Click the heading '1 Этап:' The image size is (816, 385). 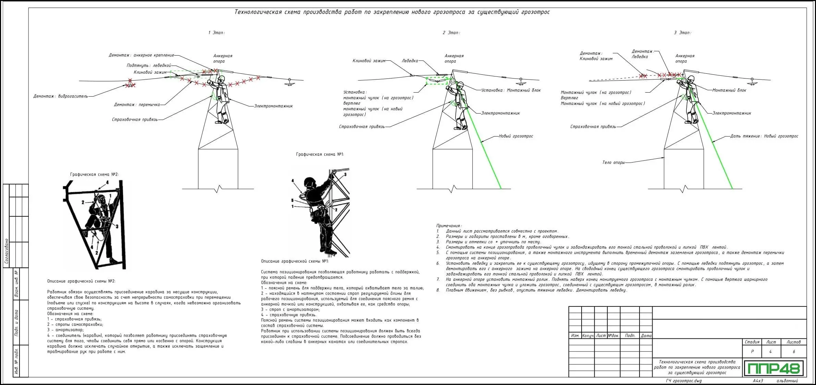coord(217,33)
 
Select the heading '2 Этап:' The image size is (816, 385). coord(451,33)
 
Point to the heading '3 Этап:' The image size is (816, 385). coord(682,33)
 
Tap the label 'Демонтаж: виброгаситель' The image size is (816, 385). coord(61,96)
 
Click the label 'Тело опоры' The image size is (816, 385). coord(613,163)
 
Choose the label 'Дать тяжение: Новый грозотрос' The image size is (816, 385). coord(764,136)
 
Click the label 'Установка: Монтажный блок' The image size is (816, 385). coord(511,91)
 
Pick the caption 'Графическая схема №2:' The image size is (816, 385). coord(94,175)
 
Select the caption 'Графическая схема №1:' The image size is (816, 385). coord(320,155)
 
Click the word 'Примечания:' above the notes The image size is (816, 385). coord(449,226)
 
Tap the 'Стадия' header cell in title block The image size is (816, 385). coord(752,342)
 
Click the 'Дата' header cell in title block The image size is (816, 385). coord(646,336)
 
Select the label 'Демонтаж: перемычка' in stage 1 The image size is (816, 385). coord(137,105)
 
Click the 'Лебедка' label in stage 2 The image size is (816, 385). coord(410,61)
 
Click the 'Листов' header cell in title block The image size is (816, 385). coord(794,342)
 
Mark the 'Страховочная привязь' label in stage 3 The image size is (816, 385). coord(593,127)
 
